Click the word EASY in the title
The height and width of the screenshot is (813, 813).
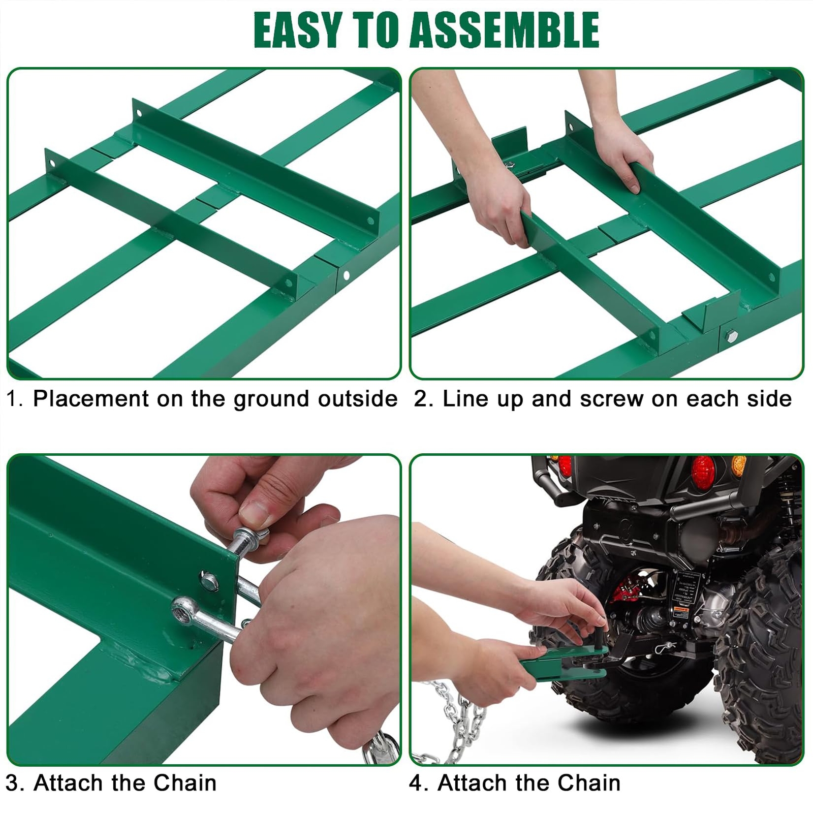(x=297, y=30)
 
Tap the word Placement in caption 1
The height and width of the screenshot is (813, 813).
(x=90, y=398)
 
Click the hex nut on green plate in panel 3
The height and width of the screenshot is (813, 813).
(x=209, y=580)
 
